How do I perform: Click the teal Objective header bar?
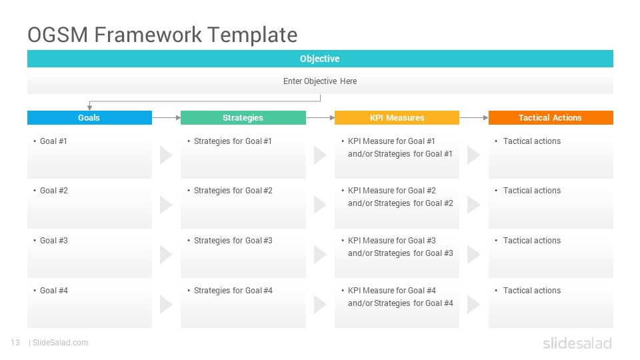pyautogui.click(x=320, y=59)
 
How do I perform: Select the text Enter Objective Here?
pyautogui.click(x=320, y=81)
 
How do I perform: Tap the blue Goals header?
pyautogui.click(x=89, y=117)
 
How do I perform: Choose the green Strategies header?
pyautogui.click(x=243, y=117)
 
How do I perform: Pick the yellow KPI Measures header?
pyautogui.click(x=397, y=117)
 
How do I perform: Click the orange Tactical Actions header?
pyautogui.click(x=551, y=117)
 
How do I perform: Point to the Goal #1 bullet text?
pyautogui.click(x=53, y=141)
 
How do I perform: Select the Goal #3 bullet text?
pyautogui.click(x=54, y=241)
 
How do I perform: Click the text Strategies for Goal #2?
pyautogui.click(x=233, y=191)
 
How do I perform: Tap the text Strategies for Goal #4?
pyautogui.click(x=233, y=291)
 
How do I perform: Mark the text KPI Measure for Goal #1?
pyautogui.click(x=391, y=141)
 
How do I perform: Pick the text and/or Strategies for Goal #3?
pyautogui.click(x=401, y=253)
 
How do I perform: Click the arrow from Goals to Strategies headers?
pyautogui.click(x=166, y=117)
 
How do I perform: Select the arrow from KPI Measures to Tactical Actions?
pyautogui.click(x=474, y=117)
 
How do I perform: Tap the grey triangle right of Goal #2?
pyautogui.click(x=166, y=205)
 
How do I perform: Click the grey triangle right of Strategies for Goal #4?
pyautogui.click(x=319, y=305)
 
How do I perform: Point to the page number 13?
pyautogui.click(x=15, y=343)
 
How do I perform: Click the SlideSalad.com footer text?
pyautogui.click(x=61, y=343)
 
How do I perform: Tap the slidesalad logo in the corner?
pyautogui.click(x=577, y=343)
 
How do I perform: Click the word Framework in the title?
pyautogui.click(x=148, y=35)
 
